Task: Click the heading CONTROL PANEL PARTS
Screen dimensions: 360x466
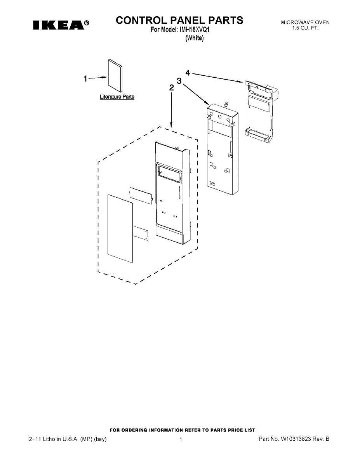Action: point(179,20)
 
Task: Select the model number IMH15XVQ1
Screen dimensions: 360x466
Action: point(195,30)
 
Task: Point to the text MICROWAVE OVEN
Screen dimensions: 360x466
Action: point(305,23)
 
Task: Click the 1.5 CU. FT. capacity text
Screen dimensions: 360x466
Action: point(305,28)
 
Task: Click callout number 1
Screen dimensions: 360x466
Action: point(85,79)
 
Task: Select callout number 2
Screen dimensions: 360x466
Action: point(171,88)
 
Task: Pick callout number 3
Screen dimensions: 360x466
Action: point(179,81)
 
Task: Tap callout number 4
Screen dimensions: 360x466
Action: point(188,73)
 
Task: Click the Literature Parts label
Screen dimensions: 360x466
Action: point(117,97)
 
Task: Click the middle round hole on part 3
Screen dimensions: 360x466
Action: point(220,116)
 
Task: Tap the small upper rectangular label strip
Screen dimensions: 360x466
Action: point(140,194)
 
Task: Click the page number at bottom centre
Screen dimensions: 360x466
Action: point(181,439)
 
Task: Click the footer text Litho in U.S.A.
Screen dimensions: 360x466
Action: point(68,439)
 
